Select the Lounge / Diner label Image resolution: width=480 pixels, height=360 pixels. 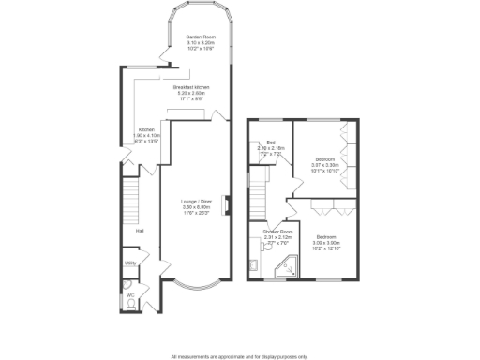click(x=197, y=201)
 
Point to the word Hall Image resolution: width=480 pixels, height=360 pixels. click(x=140, y=230)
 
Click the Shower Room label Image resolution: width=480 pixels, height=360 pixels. click(x=278, y=231)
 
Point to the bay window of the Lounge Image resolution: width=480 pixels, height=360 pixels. click(x=196, y=285)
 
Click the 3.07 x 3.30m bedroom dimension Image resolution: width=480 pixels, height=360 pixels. click(x=324, y=166)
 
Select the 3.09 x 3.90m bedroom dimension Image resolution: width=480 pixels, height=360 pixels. click(x=327, y=242)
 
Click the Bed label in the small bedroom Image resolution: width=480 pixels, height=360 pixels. click(x=270, y=142)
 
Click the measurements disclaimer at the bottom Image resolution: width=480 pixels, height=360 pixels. click(x=239, y=356)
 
